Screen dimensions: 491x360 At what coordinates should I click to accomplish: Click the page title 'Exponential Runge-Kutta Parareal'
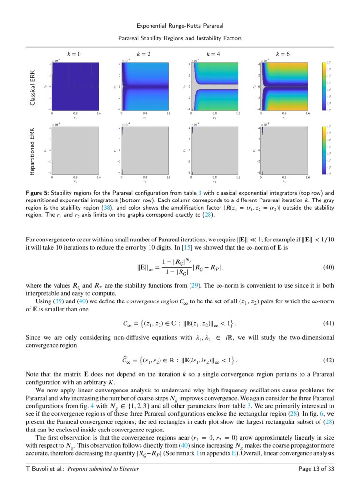pyautogui.click(x=180, y=25)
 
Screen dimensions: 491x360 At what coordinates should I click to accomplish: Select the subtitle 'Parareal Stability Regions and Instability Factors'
pyautogui.click(x=180, y=38)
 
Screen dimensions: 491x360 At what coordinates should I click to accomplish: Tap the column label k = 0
pyautogui.click(x=74, y=54)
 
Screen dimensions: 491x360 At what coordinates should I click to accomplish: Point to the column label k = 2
pyautogui.click(x=143, y=54)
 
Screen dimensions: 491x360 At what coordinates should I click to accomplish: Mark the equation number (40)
pyautogui.click(x=329, y=267)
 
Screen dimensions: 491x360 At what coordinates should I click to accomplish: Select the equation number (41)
pyautogui.click(x=329, y=324)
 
